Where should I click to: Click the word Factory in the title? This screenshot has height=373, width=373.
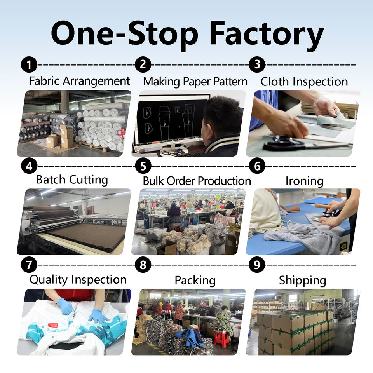pyautogui.click(x=267, y=34)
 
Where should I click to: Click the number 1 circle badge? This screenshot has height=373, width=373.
pyautogui.click(x=29, y=64)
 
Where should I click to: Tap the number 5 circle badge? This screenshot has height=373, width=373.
pyautogui.click(x=143, y=166)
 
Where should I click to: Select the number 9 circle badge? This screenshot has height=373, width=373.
pyautogui.click(x=257, y=265)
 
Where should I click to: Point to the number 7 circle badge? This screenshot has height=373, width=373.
pyautogui.click(x=29, y=265)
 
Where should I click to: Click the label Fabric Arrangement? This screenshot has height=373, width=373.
pyautogui.click(x=80, y=81)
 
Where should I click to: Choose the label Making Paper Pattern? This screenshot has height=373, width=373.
pyautogui.click(x=195, y=82)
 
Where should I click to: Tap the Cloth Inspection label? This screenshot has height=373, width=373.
pyautogui.click(x=304, y=82)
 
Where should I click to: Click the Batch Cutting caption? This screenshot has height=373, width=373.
pyautogui.click(x=72, y=180)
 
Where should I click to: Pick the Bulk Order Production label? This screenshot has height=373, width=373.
pyautogui.click(x=197, y=181)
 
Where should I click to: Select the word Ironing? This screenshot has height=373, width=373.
pyautogui.click(x=304, y=181)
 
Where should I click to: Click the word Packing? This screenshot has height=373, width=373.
pyautogui.click(x=195, y=280)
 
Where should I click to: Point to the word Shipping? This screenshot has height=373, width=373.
pyautogui.click(x=303, y=281)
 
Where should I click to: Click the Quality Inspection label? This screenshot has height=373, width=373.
pyautogui.click(x=78, y=280)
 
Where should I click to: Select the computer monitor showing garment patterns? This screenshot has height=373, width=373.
pyautogui.click(x=171, y=119)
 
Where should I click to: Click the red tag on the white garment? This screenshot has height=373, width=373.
pyautogui.click(x=53, y=325)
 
